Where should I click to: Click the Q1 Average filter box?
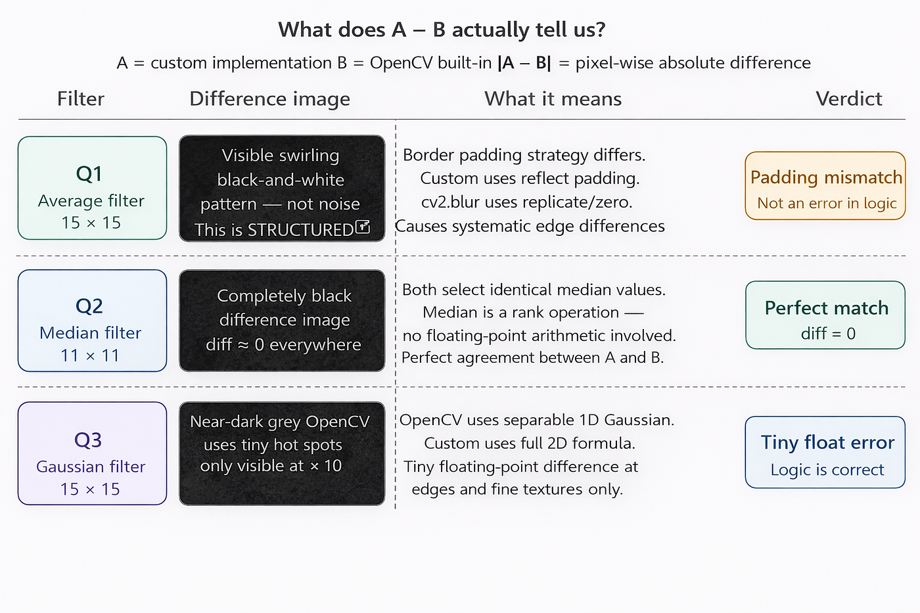[93, 188]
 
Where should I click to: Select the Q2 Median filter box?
[93, 321]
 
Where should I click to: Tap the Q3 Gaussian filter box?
[93, 453]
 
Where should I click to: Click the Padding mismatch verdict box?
[825, 185]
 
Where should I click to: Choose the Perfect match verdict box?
[825, 315]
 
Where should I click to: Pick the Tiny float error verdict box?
[825, 452]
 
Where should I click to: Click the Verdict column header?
[848, 99]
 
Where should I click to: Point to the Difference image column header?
[270, 99]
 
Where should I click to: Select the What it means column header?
[553, 99]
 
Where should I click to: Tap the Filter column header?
[80, 99]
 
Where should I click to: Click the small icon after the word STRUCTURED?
[362, 227]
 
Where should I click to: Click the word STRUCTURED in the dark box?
[300, 230]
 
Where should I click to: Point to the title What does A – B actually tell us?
[442, 30]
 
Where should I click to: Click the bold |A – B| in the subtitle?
[524, 63]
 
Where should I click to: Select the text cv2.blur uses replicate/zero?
[527, 202]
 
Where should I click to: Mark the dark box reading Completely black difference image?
[282, 321]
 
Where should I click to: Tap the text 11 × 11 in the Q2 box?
[90, 355]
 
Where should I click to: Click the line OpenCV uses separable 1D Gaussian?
[537, 420]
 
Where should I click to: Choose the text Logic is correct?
[827, 469]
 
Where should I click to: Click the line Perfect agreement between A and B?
[533, 357]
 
